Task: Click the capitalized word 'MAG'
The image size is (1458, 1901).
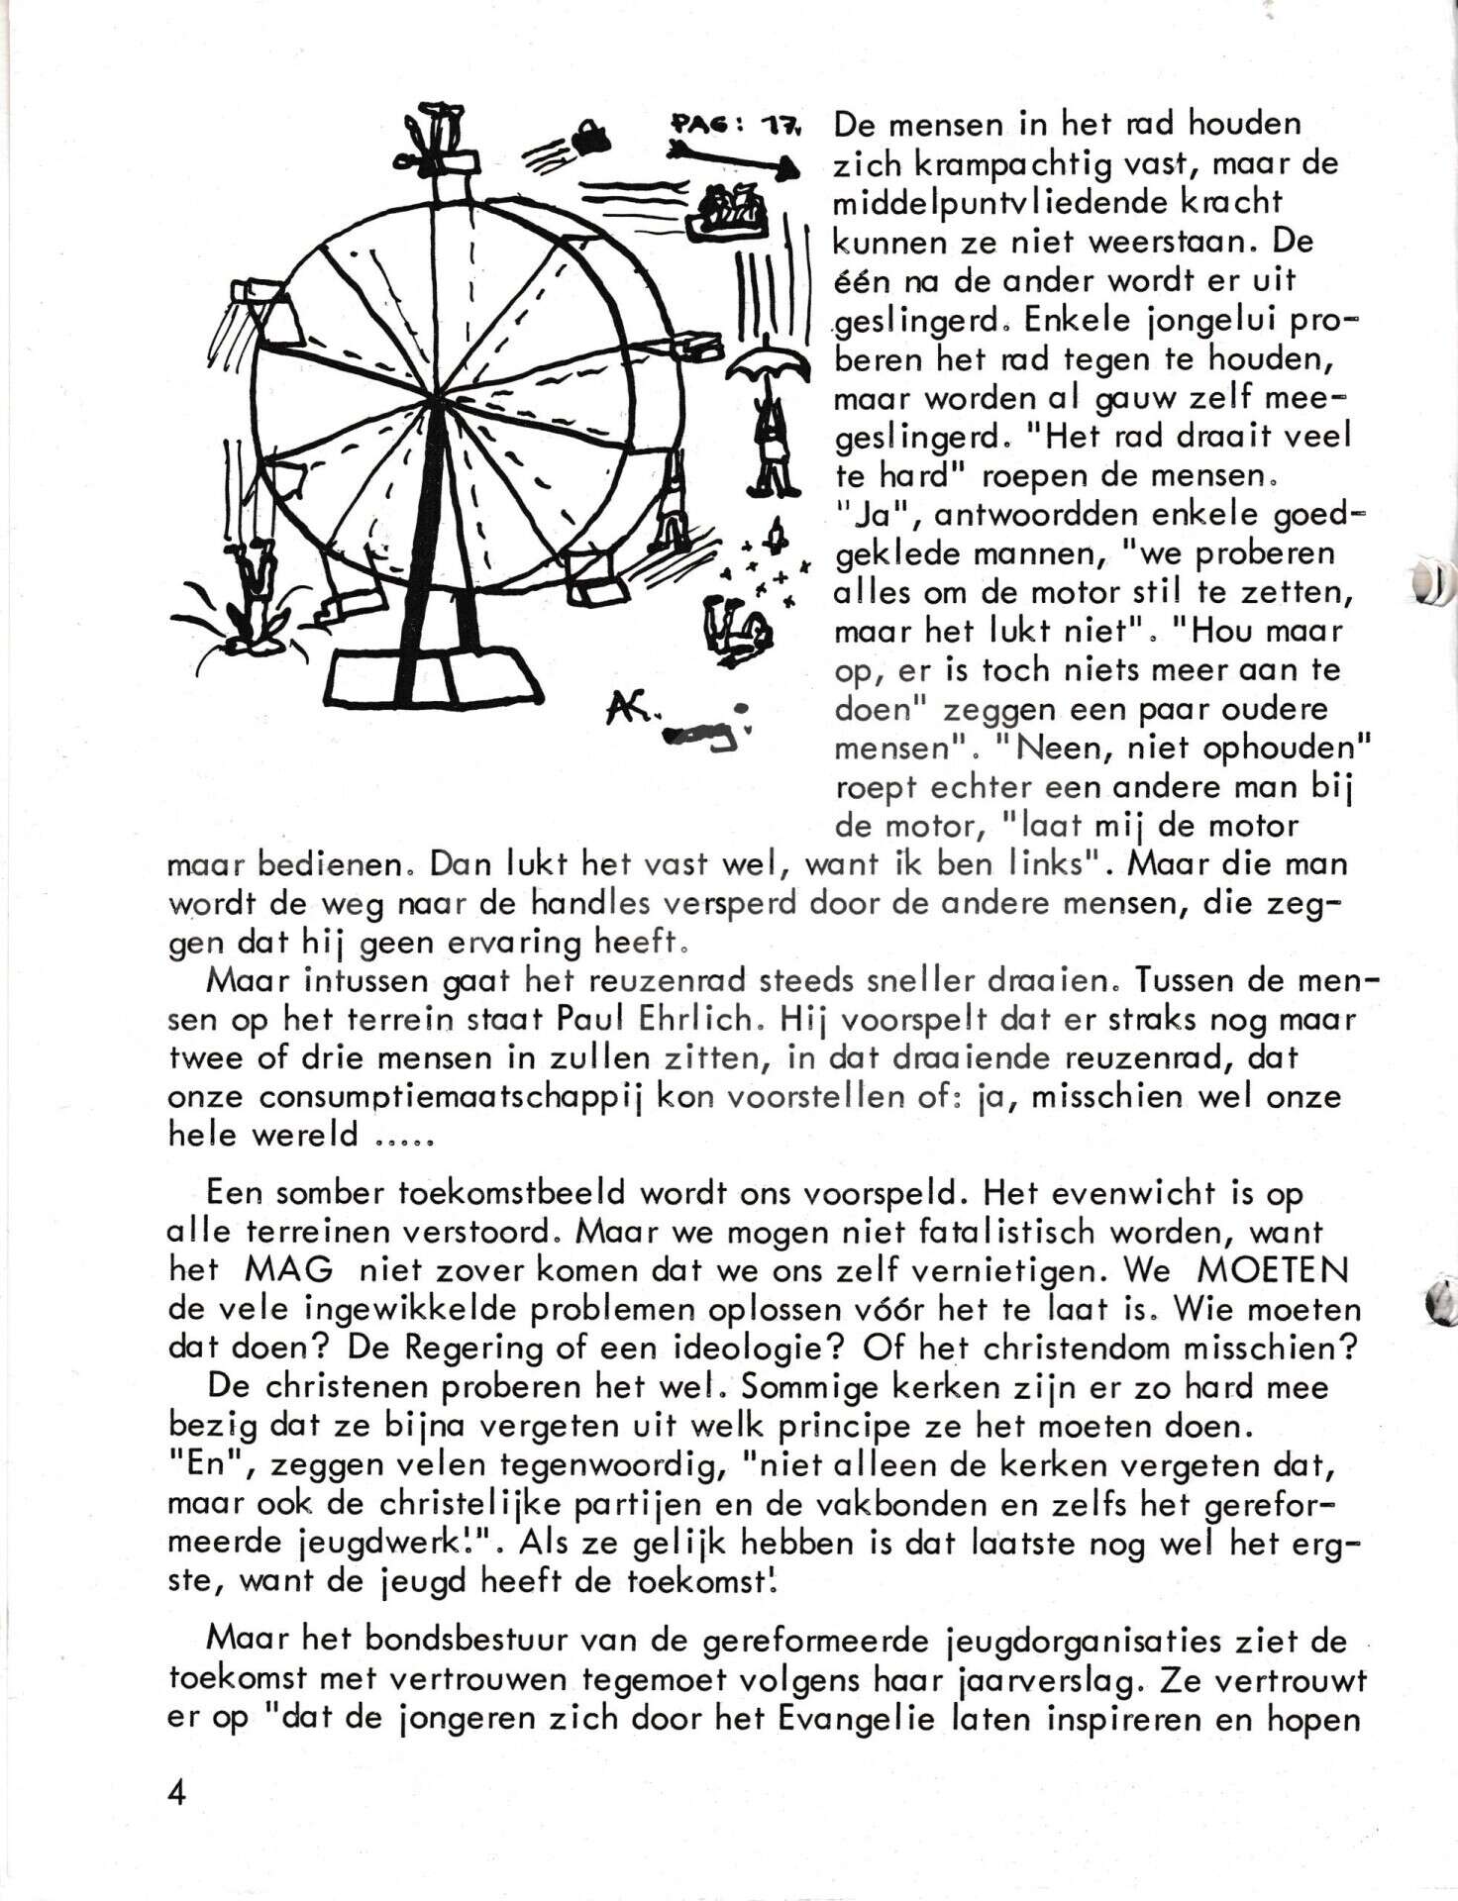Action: [290, 1270]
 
